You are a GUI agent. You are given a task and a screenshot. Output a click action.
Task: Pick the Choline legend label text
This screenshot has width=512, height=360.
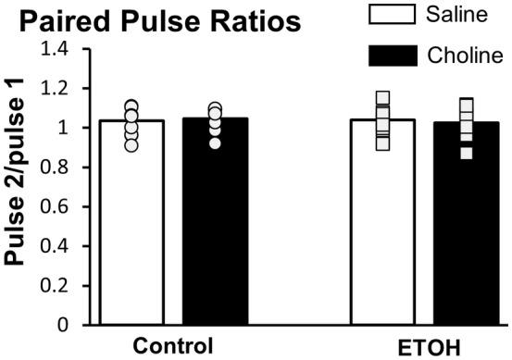[x=466, y=56]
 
